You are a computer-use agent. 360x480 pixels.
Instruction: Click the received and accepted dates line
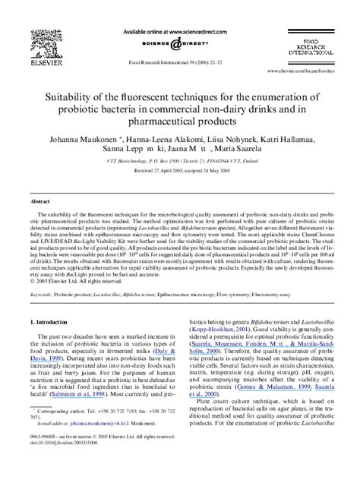(181, 172)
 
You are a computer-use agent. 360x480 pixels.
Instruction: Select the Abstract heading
(40, 203)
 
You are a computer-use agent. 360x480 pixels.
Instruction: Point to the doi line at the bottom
(63, 464)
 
